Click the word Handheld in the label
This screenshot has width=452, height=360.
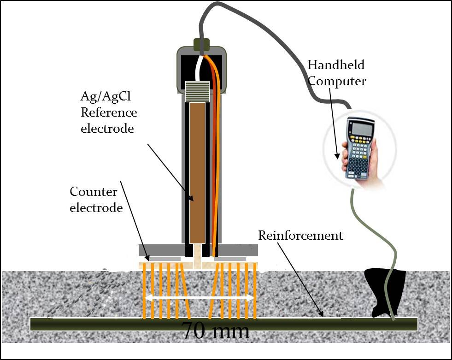coord(335,65)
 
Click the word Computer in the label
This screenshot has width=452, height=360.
coord(337,81)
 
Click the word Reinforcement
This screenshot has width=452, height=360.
coord(300,236)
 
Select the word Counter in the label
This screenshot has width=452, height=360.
coord(94,191)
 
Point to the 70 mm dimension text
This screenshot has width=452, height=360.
coord(216,331)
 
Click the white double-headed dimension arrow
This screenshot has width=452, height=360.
coord(199,298)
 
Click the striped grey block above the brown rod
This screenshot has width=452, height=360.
coord(197,91)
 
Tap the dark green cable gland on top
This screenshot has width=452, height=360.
coord(201,45)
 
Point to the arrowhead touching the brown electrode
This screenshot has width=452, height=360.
coord(191,198)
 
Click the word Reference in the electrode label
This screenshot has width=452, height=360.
coord(109,113)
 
